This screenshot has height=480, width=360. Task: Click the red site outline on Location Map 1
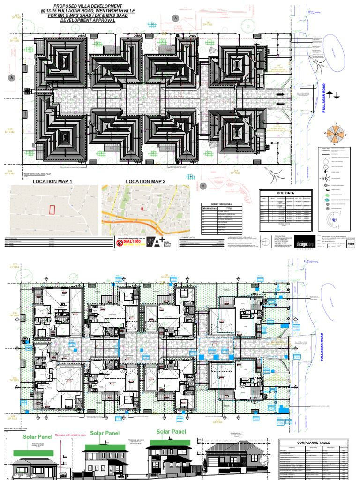[x=52, y=210]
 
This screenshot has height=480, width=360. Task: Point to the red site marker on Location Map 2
[x=142, y=208]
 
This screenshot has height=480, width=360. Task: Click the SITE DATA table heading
[x=285, y=193]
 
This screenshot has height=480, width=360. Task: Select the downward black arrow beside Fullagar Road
[x=337, y=95]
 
